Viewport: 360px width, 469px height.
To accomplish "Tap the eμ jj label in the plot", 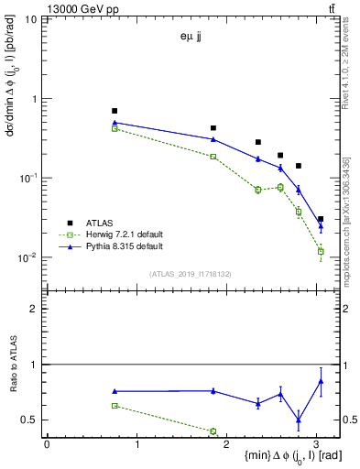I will [193, 37].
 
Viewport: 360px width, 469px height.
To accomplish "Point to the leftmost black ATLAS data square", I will [115, 111].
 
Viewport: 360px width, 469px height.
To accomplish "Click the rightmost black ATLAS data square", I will [320, 220].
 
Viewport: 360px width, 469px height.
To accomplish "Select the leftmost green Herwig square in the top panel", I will [115, 128].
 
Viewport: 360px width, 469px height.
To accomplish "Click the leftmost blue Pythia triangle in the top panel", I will [115, 122].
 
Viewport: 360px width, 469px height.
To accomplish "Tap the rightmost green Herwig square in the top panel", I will [320, 250].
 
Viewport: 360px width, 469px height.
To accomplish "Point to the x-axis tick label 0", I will [47, 443].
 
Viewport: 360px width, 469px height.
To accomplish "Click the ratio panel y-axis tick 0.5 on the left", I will [33, 420].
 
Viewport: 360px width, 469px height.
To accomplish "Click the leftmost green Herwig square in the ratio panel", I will [115, 405].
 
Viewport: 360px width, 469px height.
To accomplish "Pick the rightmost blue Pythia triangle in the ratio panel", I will [320, 380].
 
